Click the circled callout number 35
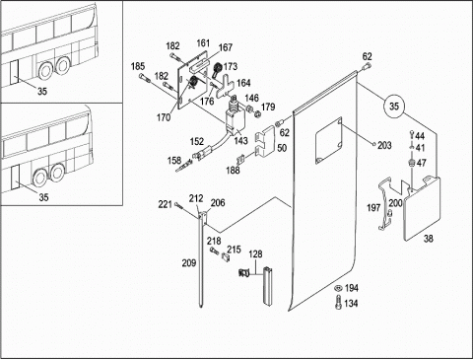394,106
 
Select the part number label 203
384,145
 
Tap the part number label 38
428,239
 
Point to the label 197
373,208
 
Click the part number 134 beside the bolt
351,303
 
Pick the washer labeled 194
337,288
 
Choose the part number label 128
255,254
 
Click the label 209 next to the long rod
189,263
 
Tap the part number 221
165,204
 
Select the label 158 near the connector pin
174,160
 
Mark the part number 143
240,141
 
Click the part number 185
138,66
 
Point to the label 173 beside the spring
231,66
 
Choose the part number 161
203,43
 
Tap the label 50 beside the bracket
282,148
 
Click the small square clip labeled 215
226,256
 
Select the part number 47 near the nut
421,163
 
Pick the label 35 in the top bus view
42,91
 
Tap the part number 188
233,170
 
